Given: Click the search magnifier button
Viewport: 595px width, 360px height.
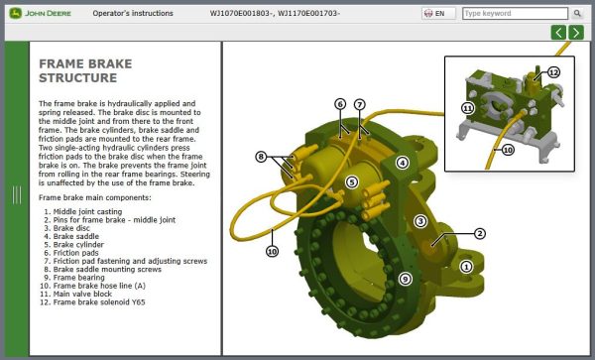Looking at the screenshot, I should (x=577, y=14).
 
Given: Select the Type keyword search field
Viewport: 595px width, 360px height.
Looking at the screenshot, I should (x=516, y=14).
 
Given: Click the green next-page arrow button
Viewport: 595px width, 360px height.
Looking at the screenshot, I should (x=576, y=33).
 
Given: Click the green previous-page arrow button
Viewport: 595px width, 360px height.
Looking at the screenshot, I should (x=559, y=33).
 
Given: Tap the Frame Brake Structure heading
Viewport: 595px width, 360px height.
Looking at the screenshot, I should (x=83, y=70).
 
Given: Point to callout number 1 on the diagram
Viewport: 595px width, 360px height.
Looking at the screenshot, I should (x=466, y=266).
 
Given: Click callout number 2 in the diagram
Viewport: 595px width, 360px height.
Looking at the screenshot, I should (x=479, y=234).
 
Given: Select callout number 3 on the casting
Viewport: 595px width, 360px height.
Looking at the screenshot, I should (x=420, y=221).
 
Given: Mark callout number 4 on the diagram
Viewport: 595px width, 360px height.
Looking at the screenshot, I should (x=402, y=163).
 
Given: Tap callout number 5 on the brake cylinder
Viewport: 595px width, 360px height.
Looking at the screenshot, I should (x=351, y=182).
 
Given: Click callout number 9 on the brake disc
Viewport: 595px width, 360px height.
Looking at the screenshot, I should (x=405, y=279).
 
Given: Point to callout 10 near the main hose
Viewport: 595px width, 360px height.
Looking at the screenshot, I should (x=273, y=252).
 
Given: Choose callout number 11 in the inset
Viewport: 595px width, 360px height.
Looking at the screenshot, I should (x=467, y=107).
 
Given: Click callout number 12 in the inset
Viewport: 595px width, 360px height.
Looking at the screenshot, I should (x=553, y=72).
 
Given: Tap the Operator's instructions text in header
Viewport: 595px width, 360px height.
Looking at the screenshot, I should (x=132, y=14).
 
